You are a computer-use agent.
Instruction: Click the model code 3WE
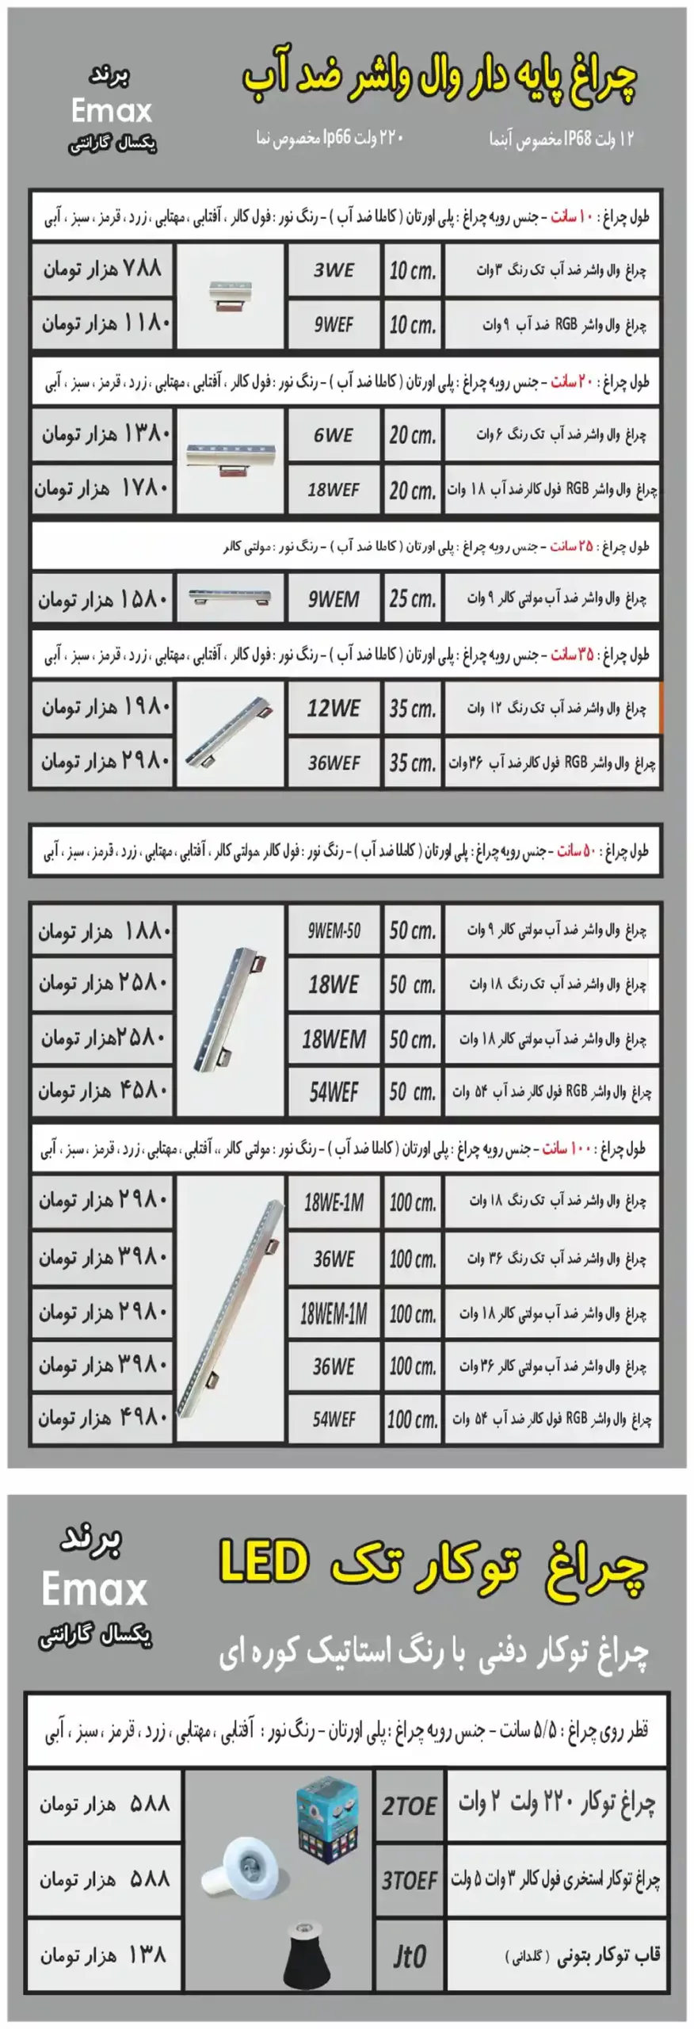tap(334, 270)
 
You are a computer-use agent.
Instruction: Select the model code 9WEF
tap(334, 324)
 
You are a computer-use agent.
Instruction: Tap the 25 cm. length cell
tap(412, 599)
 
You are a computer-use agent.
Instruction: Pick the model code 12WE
tap(334, 708)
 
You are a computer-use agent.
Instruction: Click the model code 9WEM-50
tap(334, 930)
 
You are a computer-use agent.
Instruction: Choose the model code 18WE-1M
tap(334, 1202)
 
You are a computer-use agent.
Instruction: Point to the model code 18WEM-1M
tap(334, 1314)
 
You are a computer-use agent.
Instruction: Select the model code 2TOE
tap(409, 1806)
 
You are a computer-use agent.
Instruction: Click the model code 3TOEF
tap(409, 1881)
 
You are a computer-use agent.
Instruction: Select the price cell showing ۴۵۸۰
tap(102, 1091)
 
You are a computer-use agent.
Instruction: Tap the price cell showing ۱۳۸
tap(103, 1955)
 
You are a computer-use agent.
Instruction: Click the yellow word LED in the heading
tap(264, 1562)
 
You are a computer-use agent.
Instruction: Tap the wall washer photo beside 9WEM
tap(230, 598)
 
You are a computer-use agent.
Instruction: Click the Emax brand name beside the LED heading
tap(95, 1589)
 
